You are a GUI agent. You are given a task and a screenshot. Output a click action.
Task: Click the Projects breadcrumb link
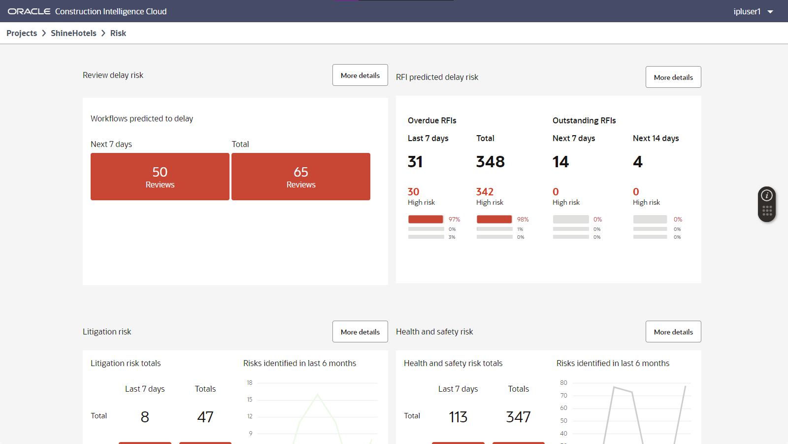[22, 33]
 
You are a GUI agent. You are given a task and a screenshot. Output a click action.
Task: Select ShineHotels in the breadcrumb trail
[73, 33]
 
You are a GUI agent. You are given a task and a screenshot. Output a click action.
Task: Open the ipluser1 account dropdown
[753, 11]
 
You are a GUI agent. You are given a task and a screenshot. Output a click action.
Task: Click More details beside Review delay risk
[360, 75]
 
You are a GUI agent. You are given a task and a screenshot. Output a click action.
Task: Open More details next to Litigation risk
[360, 332]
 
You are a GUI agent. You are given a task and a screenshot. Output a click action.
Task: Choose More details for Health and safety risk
[673, 332]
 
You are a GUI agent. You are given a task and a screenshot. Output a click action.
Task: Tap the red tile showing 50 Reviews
[160, 177]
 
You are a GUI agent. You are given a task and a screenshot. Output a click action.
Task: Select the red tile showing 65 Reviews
[301, 177]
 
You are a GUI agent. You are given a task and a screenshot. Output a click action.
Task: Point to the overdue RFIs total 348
[490, 162]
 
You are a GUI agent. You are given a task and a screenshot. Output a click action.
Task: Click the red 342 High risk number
[485, 192]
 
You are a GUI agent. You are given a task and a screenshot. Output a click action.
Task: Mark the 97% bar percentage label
[454, 220]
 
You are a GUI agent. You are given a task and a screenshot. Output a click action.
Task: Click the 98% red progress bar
[494, 220]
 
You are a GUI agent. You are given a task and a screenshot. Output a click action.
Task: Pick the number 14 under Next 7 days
[560, 162]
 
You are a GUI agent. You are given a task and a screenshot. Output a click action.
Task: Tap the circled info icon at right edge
[767, 196]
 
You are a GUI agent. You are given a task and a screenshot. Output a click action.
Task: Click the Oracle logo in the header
[29, 11]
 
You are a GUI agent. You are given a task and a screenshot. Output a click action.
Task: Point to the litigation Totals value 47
[205, 417]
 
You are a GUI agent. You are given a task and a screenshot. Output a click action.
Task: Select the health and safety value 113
[458, 417]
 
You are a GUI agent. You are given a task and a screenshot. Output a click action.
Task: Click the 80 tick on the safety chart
[563, 383]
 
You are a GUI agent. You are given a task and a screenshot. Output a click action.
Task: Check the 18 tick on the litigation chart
[250, 383]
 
